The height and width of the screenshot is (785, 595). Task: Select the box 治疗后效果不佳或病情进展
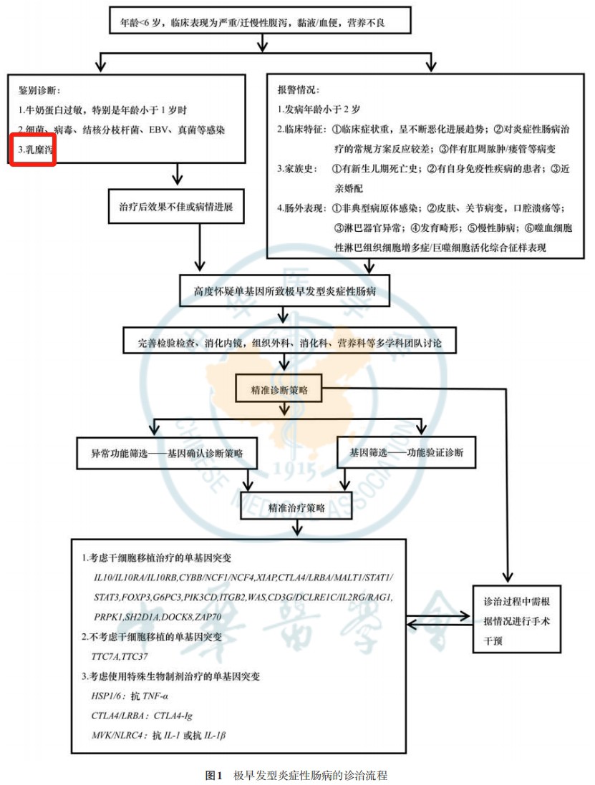(176, 206)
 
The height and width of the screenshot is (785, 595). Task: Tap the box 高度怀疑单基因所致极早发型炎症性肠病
(284, 291)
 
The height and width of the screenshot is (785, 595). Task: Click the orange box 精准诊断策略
(279, 389)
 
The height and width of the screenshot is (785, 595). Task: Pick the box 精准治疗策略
(296, 507)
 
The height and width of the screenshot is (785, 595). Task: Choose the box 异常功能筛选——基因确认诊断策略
(167, 453)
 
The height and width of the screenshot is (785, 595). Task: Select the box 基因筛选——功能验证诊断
(406, 452)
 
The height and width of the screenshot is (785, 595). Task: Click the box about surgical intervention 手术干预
(517, 619)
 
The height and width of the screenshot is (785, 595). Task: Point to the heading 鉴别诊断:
(39, 90)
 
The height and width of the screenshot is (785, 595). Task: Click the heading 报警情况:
(299, 89)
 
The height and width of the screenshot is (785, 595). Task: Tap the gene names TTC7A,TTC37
(120, 656)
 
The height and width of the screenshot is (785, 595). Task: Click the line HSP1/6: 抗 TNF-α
(130, 696)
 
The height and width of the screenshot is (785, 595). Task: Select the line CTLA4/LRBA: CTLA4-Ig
(142, 716)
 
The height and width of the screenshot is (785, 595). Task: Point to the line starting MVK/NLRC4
(158, 735)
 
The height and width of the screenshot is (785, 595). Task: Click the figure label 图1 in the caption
(214, 775)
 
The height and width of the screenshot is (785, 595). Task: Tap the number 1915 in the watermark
(294, 469)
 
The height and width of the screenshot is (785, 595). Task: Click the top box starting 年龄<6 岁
(260, 21)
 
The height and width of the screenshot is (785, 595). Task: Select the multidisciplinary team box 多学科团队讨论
(290, 342)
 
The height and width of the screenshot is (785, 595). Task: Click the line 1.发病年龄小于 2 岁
(319, 109)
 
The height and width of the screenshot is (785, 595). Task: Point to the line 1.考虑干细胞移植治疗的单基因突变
(156, 557)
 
